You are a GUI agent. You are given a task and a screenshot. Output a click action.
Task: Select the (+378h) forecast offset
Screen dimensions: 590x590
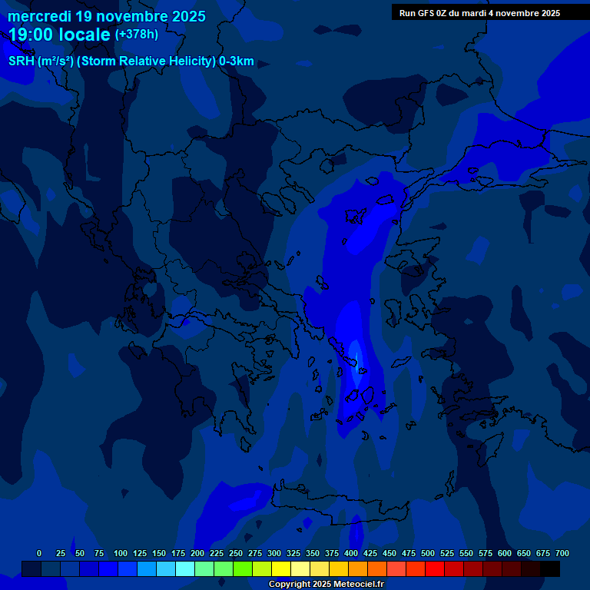tap(136, 35)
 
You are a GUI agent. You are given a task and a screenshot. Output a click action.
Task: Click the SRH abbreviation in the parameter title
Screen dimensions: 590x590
tap(21, 61)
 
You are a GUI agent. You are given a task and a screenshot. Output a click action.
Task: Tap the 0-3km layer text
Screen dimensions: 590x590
tap(236, 61)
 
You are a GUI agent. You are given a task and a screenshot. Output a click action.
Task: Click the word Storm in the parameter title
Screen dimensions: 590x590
tap(103, 61)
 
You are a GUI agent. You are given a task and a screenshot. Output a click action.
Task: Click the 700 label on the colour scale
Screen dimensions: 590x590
tap(562, 553)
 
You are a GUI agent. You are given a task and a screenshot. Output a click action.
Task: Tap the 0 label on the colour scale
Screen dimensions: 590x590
tap(39, 553)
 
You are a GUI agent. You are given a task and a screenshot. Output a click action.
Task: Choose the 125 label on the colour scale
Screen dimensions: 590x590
tap(140, 553)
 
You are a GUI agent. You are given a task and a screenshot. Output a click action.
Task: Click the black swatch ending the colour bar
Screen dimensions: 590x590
tap(550, 568)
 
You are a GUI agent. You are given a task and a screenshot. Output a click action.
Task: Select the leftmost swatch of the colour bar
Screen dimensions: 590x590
tap(31, 568)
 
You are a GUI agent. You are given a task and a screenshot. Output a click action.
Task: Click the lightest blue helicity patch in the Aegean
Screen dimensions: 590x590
tap(354, 354)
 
